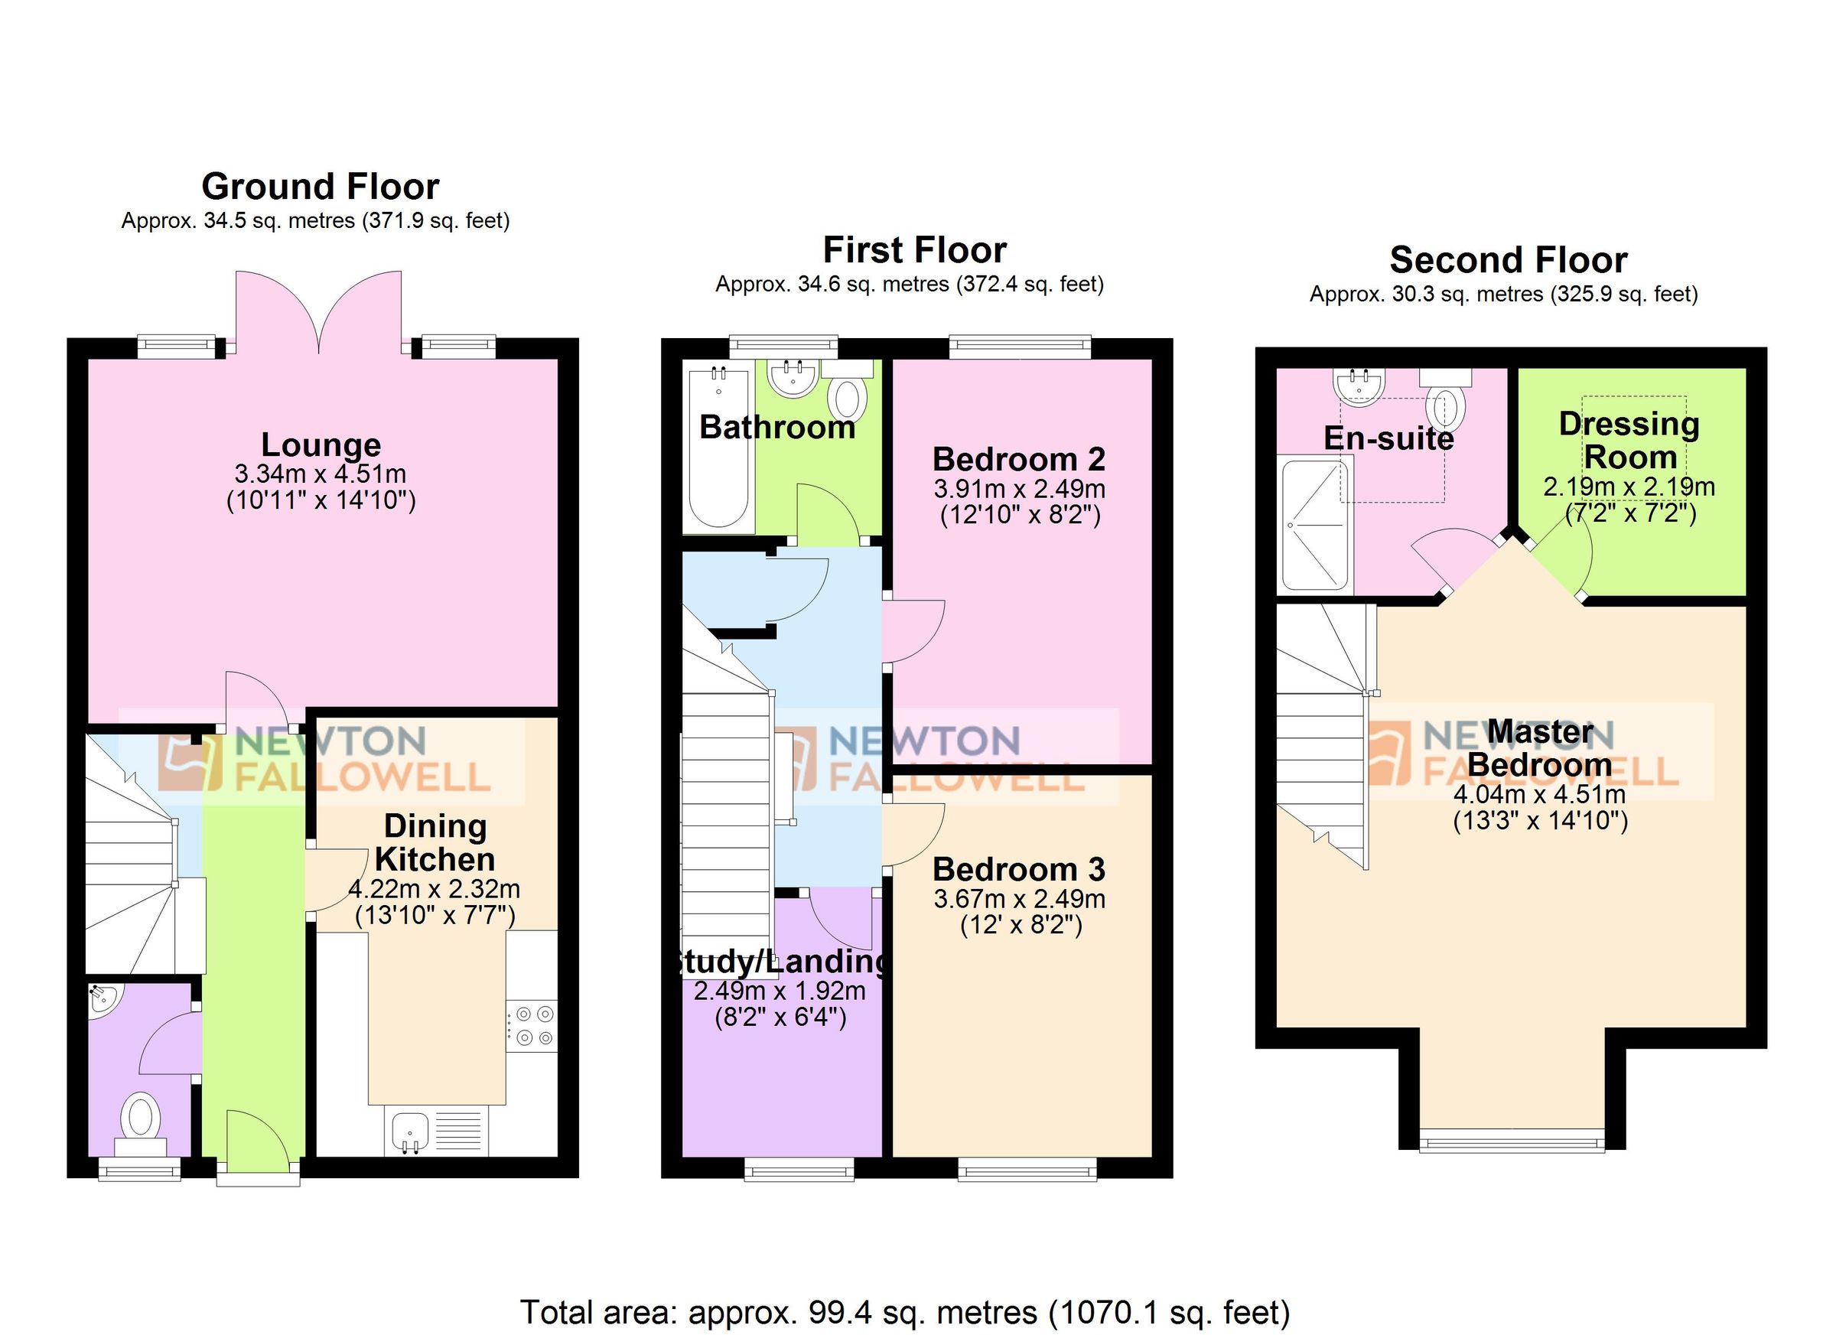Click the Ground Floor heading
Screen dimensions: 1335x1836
point(320,187)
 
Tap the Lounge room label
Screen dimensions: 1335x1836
point(321,445)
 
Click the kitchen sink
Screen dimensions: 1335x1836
point(411,1130)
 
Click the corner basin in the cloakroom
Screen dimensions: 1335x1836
point(103,999)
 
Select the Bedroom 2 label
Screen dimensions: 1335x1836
point(1018,460)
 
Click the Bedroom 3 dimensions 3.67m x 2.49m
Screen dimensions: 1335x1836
point(1019,899)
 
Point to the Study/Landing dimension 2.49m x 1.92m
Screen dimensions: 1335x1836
point(779,991)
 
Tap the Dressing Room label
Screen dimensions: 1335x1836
point(1628,441)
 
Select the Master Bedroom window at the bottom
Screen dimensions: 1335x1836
point(1512,1143)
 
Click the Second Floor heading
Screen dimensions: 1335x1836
point(1508,261)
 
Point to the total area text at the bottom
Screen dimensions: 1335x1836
point(905,1311)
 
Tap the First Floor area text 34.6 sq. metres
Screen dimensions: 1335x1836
point(909,285)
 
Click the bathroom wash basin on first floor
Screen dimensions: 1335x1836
point(792,378)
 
